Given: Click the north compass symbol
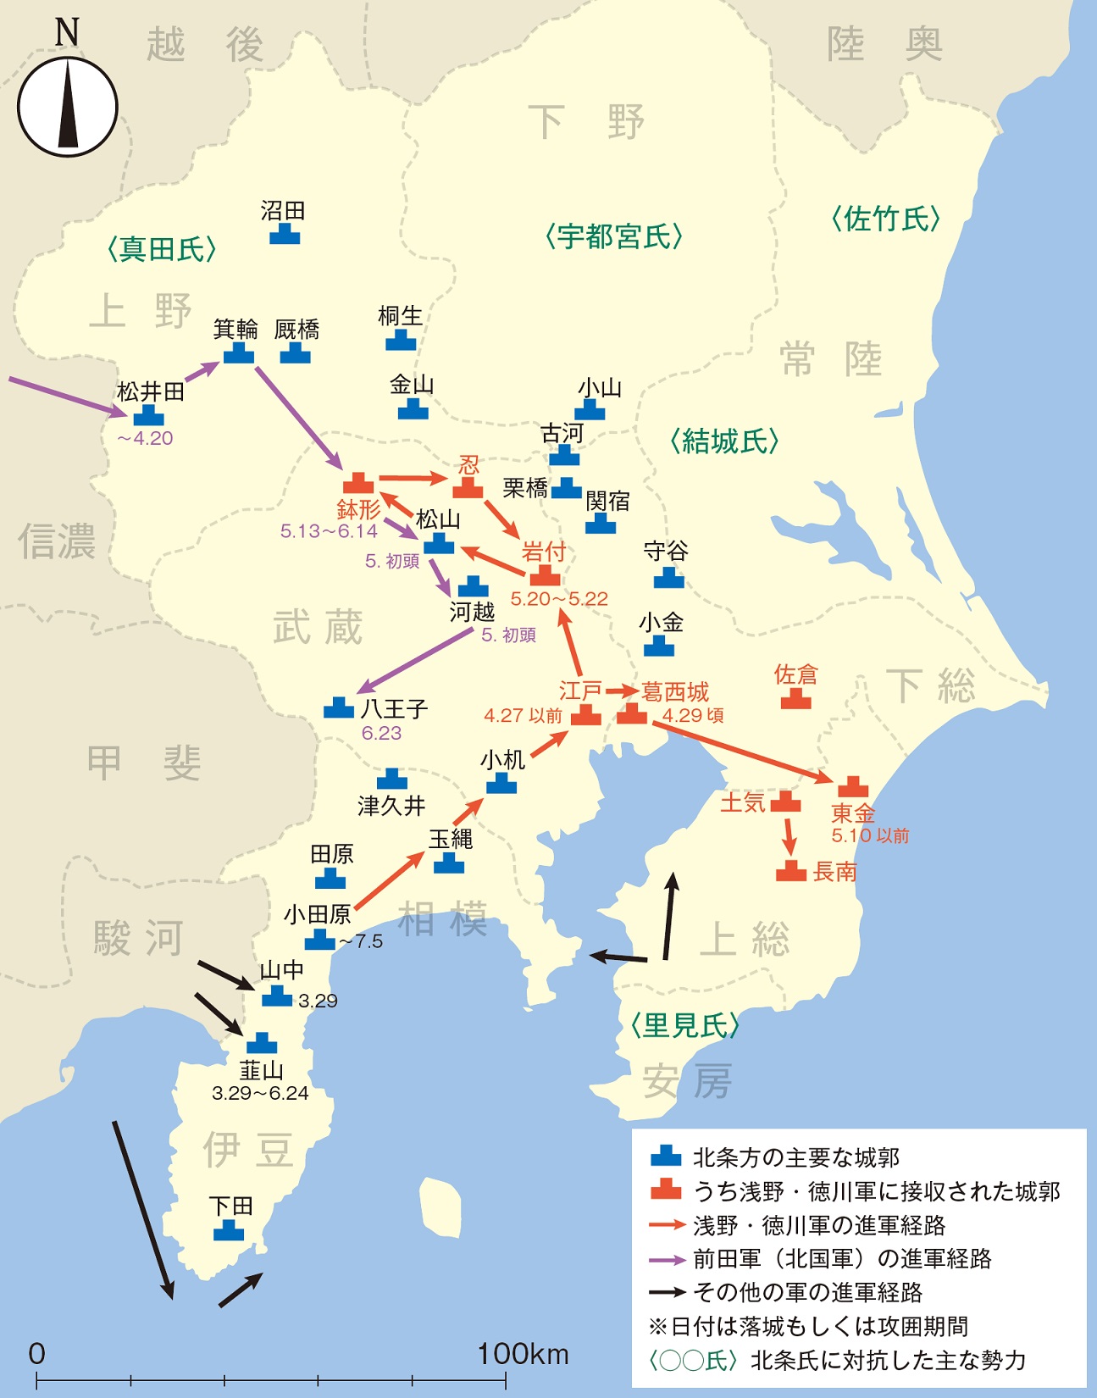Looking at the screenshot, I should (x=67, y=106).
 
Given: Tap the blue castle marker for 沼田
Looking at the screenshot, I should (x=285, y=234).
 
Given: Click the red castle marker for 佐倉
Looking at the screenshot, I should (x=795, y=699).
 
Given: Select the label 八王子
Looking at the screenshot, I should (x=394, y=708).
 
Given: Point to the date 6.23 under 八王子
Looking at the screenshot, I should (x=381, y=734).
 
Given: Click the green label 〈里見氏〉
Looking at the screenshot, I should (x=684, y=1026).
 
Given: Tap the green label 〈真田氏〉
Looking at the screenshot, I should (x=161, y=249).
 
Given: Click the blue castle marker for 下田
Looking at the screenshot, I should (x=229, y=1230).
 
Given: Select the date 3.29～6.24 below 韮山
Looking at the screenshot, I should (x=260, y=1094).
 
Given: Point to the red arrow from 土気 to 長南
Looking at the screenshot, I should (x=790, y=835).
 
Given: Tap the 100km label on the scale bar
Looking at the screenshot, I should (x=523, y=1354).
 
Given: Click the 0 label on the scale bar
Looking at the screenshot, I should (x=36, y=1354).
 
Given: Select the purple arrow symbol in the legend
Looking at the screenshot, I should (x=667, y=1260).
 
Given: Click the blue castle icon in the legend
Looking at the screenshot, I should (x=666, y=1157).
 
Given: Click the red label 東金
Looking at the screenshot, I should (x=852, y=814).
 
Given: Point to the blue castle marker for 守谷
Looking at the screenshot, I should (x=668, y=578).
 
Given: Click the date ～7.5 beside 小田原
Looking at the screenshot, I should (x=361, y=942).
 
